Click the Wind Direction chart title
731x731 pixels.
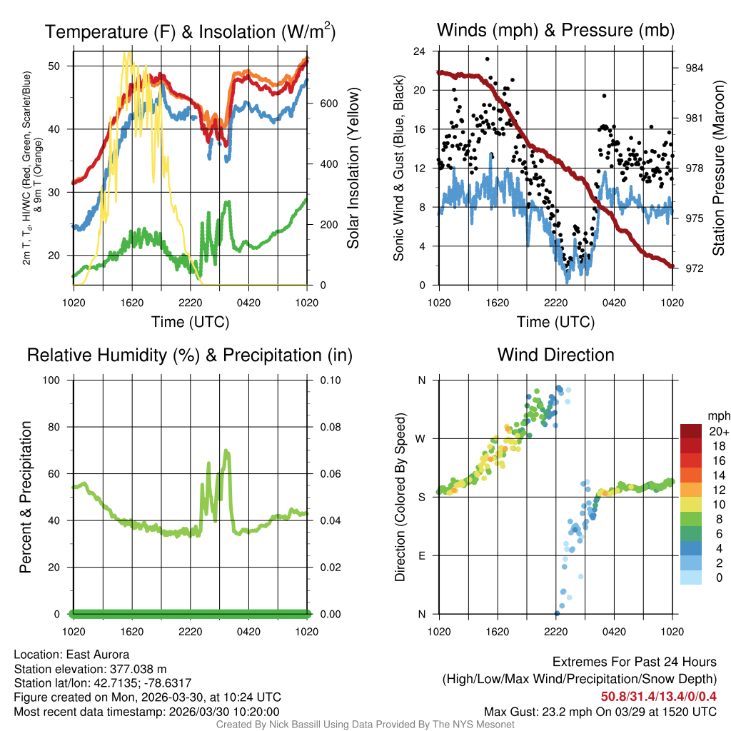pos(555,355)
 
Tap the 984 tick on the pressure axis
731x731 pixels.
pos(695,68)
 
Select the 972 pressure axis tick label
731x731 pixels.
pos(695,268)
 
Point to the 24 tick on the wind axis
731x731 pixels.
pos(420,51)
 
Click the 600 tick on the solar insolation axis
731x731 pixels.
pos(328,103)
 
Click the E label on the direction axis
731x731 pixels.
pos(421,555)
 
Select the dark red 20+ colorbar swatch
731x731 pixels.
pos(691,431)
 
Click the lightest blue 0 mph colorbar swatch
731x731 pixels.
pos(691,578)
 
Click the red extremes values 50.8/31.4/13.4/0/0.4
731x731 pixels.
pos(657,697)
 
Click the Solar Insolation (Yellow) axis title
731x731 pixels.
pos(353,168)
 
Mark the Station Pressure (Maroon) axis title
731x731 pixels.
pos(719,168)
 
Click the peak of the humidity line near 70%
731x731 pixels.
pos(226,450)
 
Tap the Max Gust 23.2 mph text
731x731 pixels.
pos(600,711)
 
